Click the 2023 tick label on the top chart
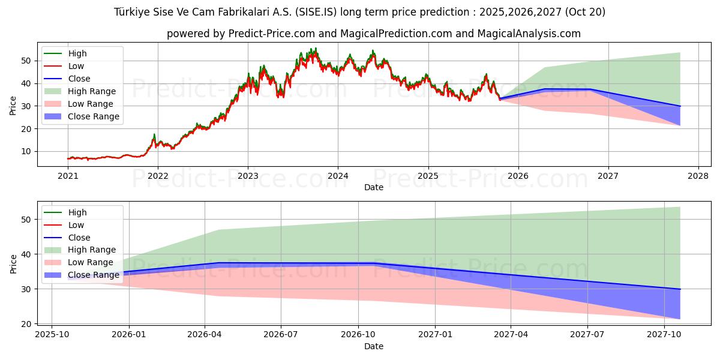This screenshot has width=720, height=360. tap(248, 176)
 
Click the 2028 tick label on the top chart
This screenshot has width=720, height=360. tap(698, 176)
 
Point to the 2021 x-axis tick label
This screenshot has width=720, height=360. tap(68, 176)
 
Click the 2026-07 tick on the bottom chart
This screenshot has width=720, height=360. tap(281, 335)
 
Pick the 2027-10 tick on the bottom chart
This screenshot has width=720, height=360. tap(664, 335)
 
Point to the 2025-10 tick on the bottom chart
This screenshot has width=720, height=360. tap(52, 335)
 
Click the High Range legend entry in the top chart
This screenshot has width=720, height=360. tap(92, 91)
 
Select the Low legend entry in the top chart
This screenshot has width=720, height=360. tap(76, 66)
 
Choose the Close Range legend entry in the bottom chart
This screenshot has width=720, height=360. tap(93, 275)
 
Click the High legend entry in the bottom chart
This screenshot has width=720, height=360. tap(77, 212)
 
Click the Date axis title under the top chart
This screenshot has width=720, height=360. tap(373, 187)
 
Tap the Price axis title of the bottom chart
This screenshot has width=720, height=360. tap(13, 263)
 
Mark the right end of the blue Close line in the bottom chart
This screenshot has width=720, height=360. tap(680, 289)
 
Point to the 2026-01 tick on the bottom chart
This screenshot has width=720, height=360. tap(128, 335)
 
